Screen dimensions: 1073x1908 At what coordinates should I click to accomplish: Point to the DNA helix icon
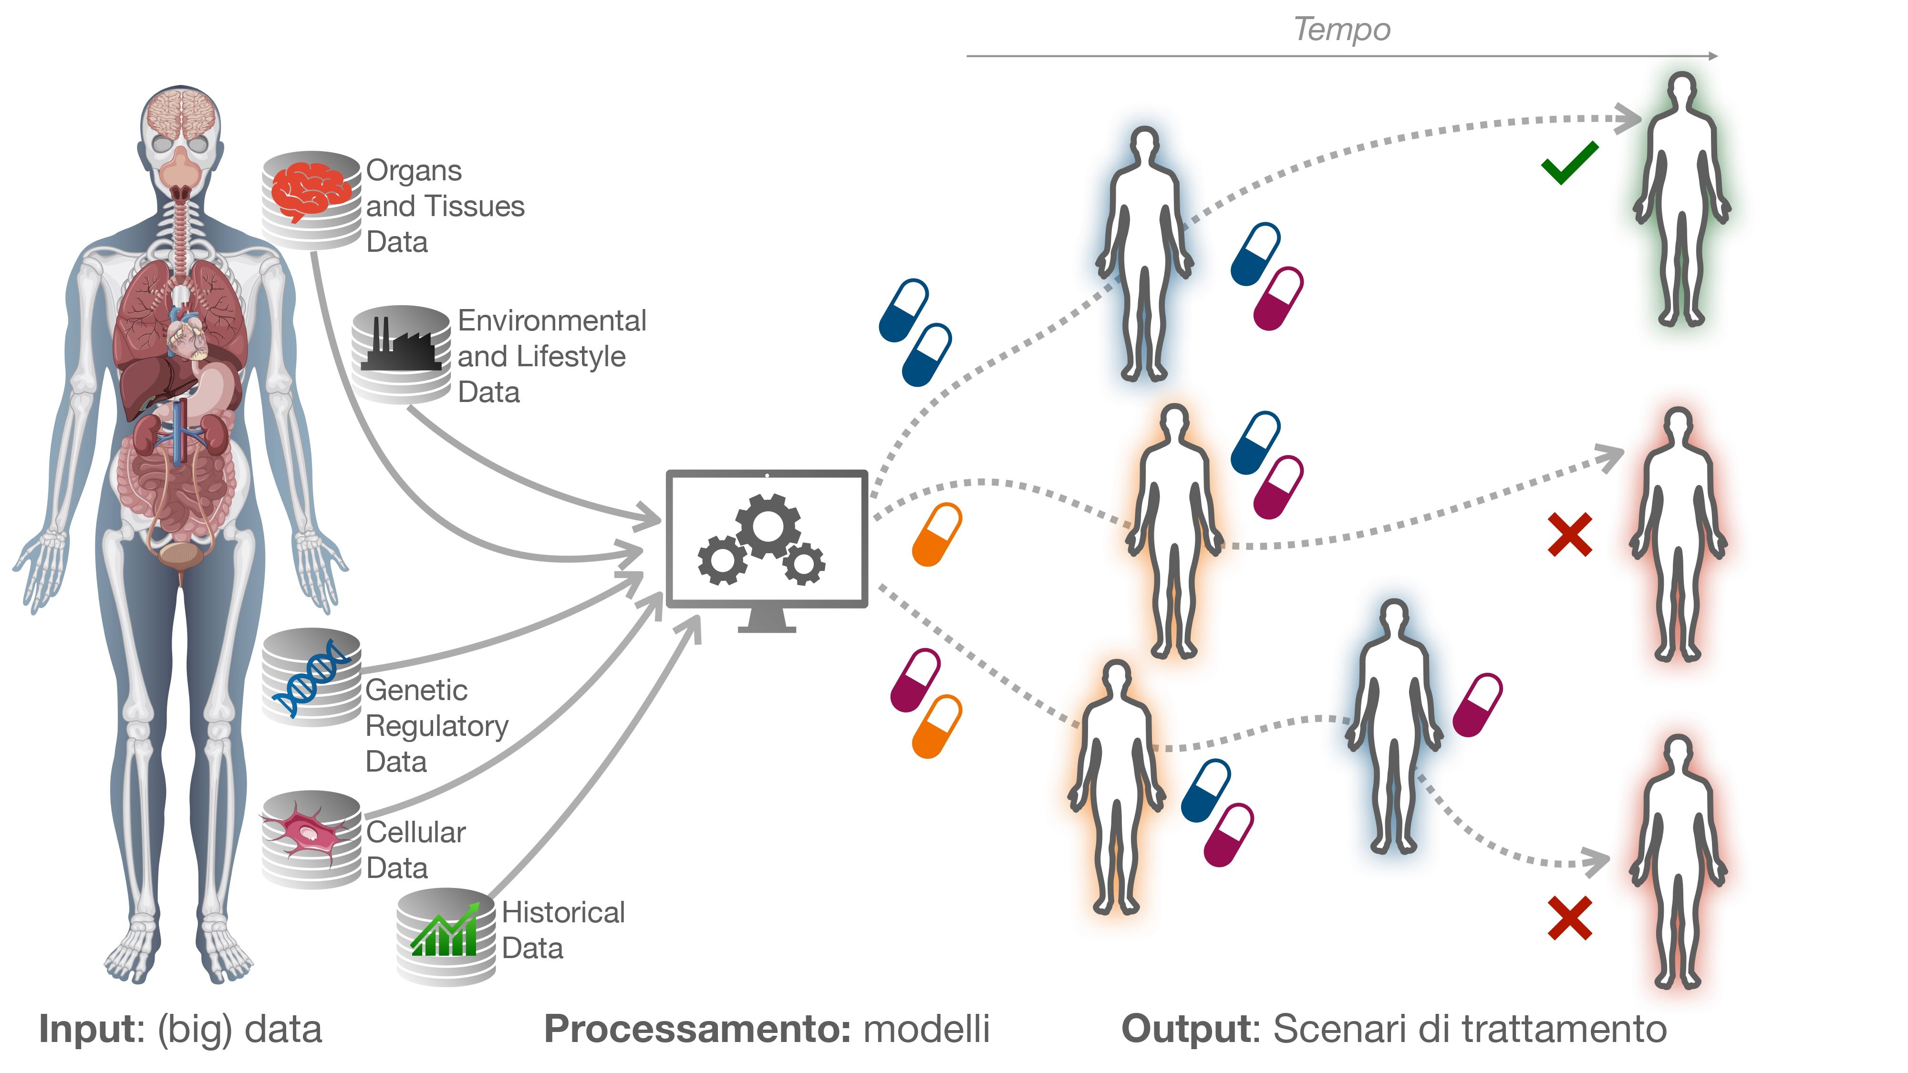point(311,678)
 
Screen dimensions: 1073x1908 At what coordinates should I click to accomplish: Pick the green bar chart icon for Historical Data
point(445,931)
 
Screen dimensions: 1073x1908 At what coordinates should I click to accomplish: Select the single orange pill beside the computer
point(936,534)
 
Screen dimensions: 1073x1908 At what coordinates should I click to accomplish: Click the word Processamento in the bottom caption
point(697,1029)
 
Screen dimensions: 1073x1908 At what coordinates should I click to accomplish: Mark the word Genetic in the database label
point(416,690)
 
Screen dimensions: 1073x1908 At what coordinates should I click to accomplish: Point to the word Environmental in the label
point(552,320)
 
